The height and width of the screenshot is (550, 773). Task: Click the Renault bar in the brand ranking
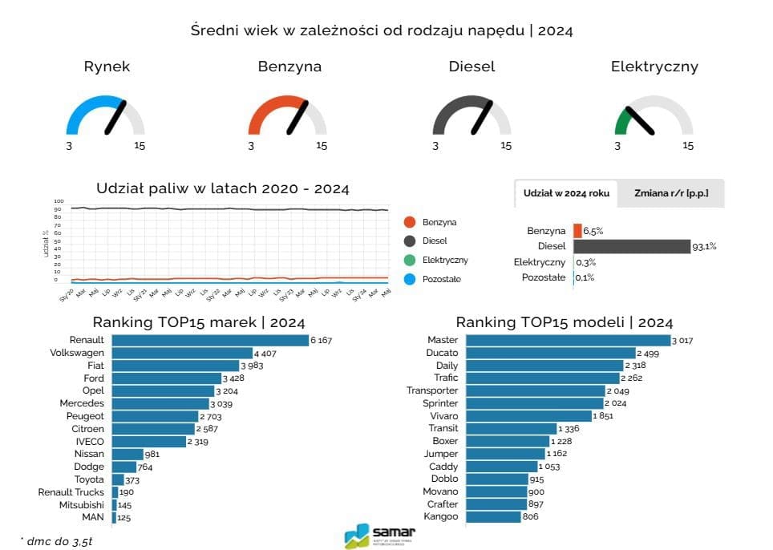coord(210,340)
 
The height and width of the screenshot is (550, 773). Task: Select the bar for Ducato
coord(550,353)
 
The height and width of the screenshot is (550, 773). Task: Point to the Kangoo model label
coord(440,516)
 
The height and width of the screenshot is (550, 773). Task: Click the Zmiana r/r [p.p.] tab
coord(670,194)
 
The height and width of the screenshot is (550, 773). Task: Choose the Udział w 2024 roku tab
coord(566,194)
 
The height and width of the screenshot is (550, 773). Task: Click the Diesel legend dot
coord(410,241)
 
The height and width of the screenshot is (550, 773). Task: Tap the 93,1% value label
coord(704,247)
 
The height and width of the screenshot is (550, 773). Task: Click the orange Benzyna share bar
coord(577,231)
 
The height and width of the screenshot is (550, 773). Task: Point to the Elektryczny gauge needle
coord(640,120)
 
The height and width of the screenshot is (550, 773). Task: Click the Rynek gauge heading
coord(107,67)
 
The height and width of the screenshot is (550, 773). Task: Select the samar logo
coord(380,535)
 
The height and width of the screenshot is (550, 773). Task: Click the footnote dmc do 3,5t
coord(56,541)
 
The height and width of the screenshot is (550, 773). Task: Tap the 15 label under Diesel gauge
coord(505,146)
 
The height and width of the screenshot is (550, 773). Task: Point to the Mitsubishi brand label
coord(81,505)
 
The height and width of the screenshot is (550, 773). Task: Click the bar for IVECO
coord(148,442)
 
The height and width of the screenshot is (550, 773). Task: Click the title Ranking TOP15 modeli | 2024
coord(564,322)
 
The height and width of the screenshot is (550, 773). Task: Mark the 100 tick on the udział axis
coord(58,201)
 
